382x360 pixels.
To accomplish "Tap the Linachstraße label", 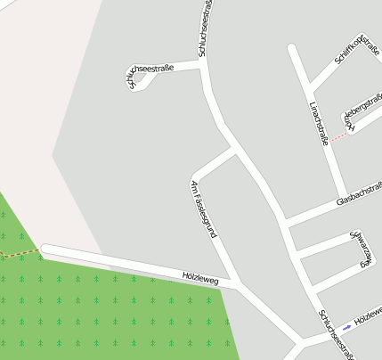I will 319,123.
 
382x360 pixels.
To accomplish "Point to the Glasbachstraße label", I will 360,194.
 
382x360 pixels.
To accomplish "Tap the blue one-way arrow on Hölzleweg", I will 346,327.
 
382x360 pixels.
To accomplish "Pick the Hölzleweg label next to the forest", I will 199,278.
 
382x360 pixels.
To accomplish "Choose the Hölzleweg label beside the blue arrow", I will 368,315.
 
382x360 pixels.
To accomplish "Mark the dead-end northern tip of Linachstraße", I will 292,48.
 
